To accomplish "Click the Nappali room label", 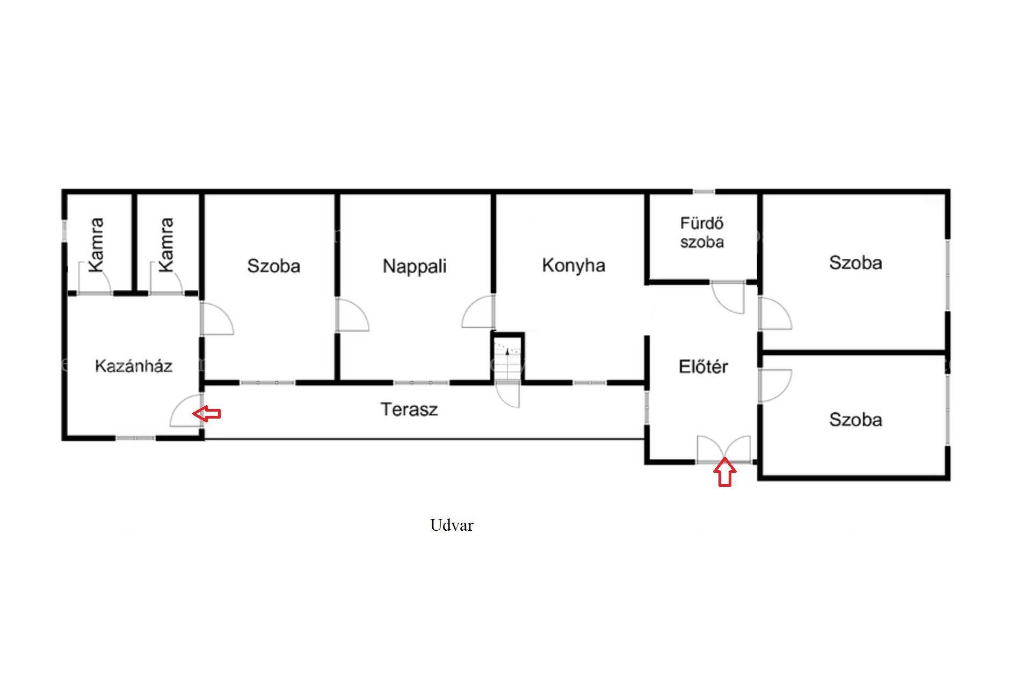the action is point(415,266).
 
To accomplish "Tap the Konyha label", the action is point(573,265).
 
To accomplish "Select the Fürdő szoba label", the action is point(702,232).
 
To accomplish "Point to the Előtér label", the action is point(703,367).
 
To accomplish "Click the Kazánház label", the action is point(134,366).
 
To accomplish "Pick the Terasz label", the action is point(409,409).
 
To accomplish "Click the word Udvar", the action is point(452,525).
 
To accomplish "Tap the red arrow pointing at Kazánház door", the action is point(207,413).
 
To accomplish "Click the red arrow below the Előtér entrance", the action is point(725,473).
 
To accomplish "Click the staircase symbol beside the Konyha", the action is point(507,358).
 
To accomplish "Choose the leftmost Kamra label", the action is point(96,245).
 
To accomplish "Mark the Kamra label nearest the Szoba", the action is point(166,245).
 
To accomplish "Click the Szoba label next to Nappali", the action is point(273,266).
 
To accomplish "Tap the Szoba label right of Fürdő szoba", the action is point(855,263).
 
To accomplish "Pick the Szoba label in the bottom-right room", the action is point(855,420).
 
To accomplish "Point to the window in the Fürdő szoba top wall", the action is point(703,192).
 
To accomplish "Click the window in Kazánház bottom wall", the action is point(136,438).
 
